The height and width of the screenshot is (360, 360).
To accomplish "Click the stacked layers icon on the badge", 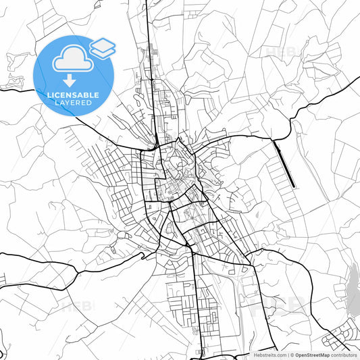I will [102, 47].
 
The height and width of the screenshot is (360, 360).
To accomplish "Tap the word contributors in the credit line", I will [344, 355].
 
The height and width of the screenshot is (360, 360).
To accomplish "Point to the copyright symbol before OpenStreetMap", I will [292, 355].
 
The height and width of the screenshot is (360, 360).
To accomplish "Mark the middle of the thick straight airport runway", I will [284, 163].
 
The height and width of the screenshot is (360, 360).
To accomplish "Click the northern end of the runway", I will [274, 140].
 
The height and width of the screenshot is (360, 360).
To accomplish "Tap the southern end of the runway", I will [294, 186].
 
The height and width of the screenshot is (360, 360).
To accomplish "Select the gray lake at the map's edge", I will [353, 290].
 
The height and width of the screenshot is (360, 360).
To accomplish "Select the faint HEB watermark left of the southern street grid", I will [78, 305].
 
